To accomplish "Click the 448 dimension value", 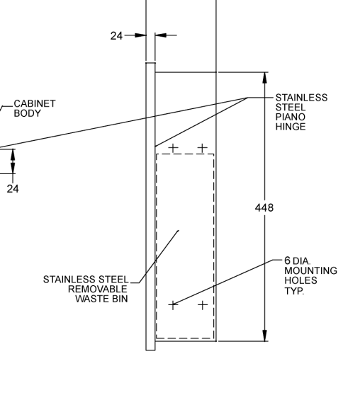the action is tap(264, 208).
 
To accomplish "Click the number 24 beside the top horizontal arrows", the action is tap(116, 36).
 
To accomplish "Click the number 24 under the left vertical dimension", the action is tap(13, 189).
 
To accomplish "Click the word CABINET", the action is tap(35, 103).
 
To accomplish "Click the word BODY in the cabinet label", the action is tap(27, 113).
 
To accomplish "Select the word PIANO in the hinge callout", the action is tap(291, 117).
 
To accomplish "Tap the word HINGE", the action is tap(291, 127).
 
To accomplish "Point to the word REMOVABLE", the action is tap(98, 289).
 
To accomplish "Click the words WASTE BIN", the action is tap(101, 299).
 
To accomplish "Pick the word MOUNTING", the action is tap(311, 270).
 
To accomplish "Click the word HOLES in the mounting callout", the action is tap(300, 280).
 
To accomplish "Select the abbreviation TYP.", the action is tap(294, 291).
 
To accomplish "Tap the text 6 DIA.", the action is tap(298, 261).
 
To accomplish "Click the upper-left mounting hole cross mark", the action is tap(173, 148).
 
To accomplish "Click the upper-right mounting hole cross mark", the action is tap(203, 148).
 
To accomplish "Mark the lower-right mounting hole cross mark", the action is tap(203, 305).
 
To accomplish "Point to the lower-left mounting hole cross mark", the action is tap(173, 305).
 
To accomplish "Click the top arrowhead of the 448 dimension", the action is tap(264, 78).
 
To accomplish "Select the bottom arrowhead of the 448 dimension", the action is tap(264, 336).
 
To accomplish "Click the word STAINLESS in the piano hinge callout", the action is tap(301, 98).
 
